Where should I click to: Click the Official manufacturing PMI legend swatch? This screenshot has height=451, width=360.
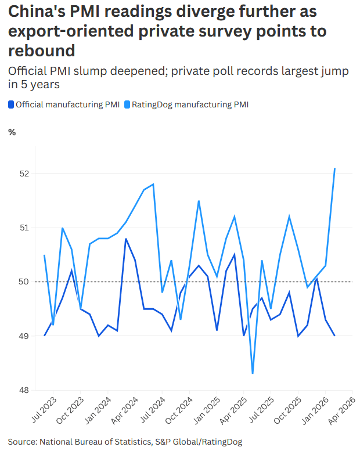(11, 105)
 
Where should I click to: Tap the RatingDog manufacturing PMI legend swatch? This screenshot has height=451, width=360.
(127, 105)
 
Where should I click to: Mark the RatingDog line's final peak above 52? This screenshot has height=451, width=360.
(335, 168)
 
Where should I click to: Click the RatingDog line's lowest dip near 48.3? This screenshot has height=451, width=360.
(253, 373)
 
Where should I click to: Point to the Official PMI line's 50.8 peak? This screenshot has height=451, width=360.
(126, 239)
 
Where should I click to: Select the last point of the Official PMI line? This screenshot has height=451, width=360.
(334, 335)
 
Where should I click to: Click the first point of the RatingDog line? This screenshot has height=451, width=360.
(44, 255)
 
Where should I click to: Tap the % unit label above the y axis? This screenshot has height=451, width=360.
(12, 132)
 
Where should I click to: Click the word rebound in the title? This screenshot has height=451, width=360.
(41, 50)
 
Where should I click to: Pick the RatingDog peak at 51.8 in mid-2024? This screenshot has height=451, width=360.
(153, 184)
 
